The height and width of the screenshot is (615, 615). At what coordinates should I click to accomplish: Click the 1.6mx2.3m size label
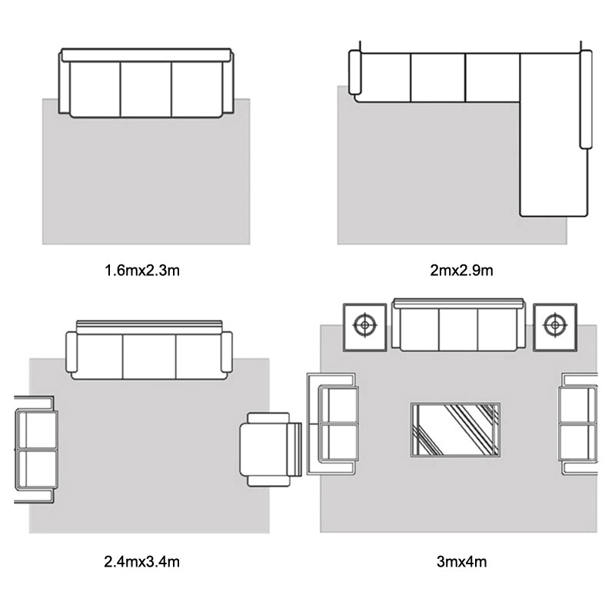coord(142,271)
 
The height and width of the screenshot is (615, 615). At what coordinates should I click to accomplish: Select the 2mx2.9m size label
coord(461,271)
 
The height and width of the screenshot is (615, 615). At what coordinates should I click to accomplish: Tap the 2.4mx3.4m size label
coord(142,562)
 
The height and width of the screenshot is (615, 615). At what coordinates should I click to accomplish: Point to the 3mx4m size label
coord(462,562)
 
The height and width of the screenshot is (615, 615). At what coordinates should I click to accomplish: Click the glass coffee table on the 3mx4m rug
coord(455,430)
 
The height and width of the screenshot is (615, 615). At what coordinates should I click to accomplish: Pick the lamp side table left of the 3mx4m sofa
coord(364,327)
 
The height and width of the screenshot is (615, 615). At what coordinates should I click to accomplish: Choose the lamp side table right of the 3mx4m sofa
coord(555,327)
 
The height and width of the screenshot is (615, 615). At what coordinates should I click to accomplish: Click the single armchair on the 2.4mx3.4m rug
coord(271,450)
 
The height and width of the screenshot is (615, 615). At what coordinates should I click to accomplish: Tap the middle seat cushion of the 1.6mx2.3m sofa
coord(146,89)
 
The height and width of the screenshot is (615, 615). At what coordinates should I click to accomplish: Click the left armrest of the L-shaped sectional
coord(354,72)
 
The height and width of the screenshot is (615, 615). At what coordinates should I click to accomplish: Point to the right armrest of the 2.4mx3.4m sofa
coord(227,352)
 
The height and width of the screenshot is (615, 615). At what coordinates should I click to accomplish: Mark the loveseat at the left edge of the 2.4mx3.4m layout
coord(35,450)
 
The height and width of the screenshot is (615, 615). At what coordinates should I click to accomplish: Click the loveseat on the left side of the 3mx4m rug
coord(333,424)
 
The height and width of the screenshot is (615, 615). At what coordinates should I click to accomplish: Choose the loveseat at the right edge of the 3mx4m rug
coord(578,424)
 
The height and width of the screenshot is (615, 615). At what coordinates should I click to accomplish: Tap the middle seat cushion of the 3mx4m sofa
coord(458,330)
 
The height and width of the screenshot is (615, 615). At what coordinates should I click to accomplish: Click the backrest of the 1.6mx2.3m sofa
coord(146,55)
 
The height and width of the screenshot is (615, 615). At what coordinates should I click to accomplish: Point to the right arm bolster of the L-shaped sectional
coord(586,99)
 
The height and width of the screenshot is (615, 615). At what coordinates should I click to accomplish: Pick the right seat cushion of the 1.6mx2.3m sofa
coord(197,89)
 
